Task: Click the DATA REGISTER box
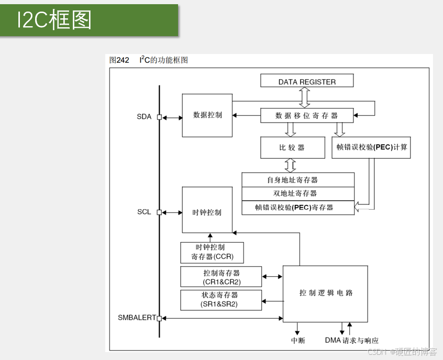[307, 81]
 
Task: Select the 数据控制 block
[207, 115]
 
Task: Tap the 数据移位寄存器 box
[307, 115]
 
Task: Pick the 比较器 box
[292, 147]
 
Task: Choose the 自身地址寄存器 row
[297, 180]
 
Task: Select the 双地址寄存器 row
[297, 193]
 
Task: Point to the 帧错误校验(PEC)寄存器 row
[297, 208]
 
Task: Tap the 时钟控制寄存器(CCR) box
[212, 252]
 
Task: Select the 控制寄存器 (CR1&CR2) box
[221, 277]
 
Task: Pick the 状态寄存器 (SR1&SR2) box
[221, 300]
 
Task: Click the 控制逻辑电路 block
[325, 293]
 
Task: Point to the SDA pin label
[144, 117]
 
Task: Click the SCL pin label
[144, 212]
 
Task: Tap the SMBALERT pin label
[137, 318]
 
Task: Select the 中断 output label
[298, 341]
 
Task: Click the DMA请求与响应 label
[351, 341]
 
